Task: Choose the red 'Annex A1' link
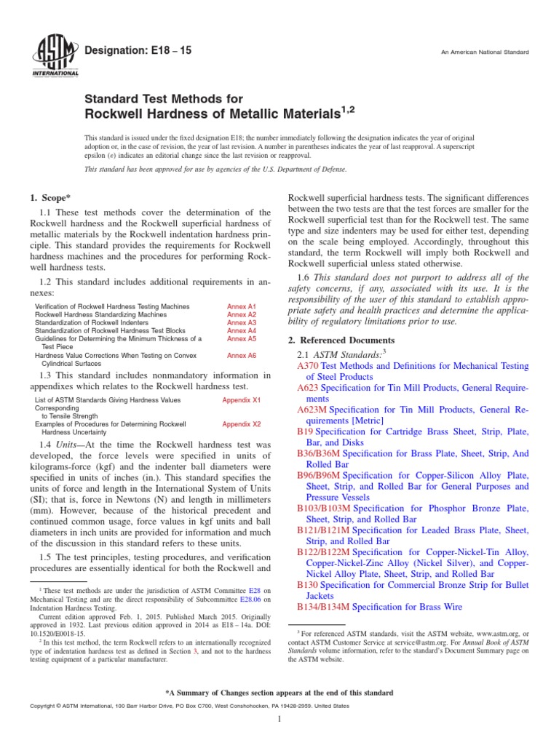click(242, 307)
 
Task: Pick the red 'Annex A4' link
click(242, 331)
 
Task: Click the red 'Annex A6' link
click(242, 355)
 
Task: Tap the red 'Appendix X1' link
click(242, 400)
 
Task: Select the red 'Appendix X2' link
click(242, 423)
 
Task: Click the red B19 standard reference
click(305, 431)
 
